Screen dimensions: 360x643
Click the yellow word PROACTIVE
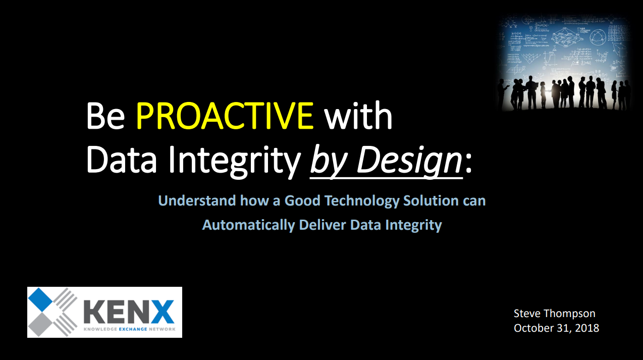tap(225, 116)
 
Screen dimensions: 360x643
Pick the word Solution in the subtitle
tap(431, 201)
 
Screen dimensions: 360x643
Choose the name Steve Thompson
tap(554, 314)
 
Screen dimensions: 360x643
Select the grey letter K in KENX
tap(94, 312)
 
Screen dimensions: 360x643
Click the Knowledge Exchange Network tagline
tap(128, 329)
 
